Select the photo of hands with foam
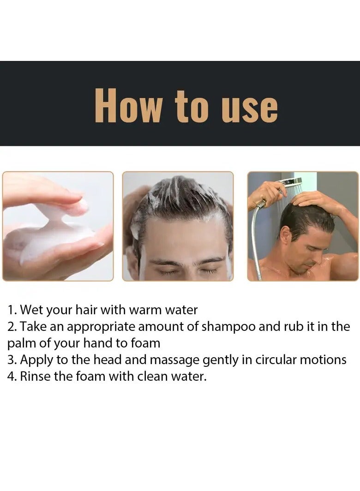click(58, 226)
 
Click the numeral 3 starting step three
click(11, 360)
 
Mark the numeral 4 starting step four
click(11, 376)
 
